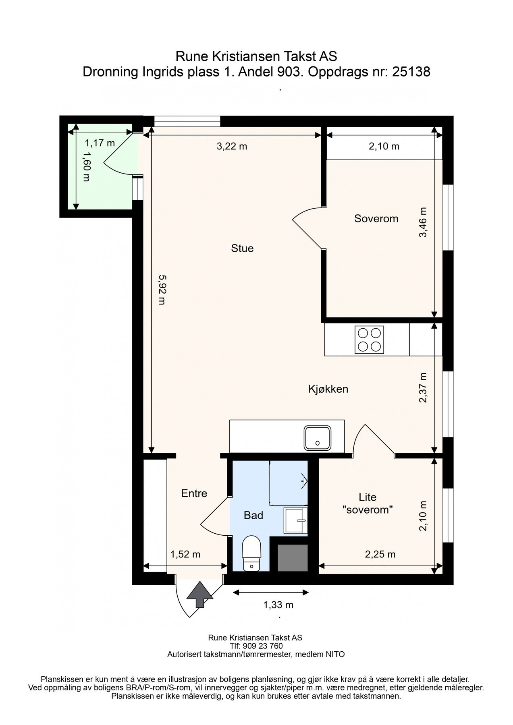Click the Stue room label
242,248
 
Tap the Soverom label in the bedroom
376,218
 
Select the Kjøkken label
328,389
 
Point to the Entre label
194,493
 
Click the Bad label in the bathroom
254,515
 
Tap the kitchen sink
318,438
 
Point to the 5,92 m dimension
162,290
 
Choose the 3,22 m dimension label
232,146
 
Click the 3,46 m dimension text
423,222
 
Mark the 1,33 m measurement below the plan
278,605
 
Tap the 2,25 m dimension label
380,554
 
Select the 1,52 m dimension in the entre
185,554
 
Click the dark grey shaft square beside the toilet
293,557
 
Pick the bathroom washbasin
296,520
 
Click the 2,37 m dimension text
423,388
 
